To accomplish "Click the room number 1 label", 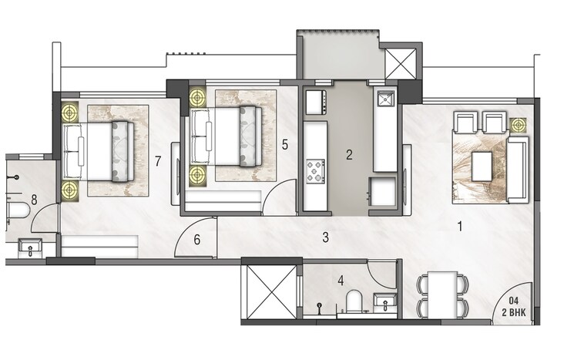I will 460,227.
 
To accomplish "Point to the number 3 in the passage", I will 326,236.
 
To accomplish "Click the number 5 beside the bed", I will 285,143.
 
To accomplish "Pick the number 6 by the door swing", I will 197,240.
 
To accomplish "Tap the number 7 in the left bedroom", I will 157,161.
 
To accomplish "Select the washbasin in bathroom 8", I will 30,248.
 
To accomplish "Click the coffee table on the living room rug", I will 482,164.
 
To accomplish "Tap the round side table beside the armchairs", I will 518,124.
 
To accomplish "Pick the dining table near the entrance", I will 441,296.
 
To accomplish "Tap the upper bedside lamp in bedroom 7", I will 71,113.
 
